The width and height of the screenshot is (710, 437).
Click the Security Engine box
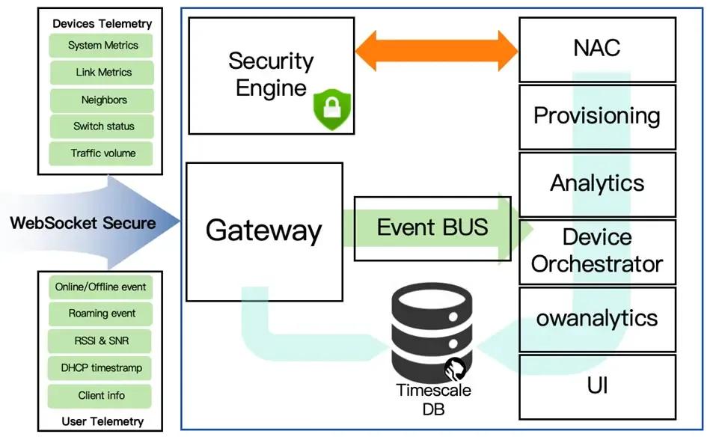click(270, 75)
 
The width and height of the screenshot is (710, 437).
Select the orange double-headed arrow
click(436, 52)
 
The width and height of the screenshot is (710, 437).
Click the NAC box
click(596, 49)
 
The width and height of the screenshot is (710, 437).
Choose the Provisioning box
click(596, 116)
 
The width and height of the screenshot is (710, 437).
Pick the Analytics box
click(596, 183)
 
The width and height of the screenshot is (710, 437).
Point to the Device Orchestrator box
click(596, 251)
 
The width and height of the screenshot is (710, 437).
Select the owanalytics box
click(596, 318)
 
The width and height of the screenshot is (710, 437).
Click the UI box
click(596, 385)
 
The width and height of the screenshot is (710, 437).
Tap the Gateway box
click(263, 230)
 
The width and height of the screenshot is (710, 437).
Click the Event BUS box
click(432, 227)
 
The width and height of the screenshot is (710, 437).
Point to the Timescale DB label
click(434, 400)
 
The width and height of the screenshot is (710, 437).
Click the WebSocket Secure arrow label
click(83, 222)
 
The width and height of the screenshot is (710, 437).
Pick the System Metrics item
click(102, 46)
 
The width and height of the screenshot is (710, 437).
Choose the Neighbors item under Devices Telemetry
click(103, 100)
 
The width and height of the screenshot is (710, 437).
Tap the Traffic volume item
click(102, 153)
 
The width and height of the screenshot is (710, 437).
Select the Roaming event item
click(101, 314)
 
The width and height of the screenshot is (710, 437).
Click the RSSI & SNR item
click(101, 341)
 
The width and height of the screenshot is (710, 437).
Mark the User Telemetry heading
click(102, 421)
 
